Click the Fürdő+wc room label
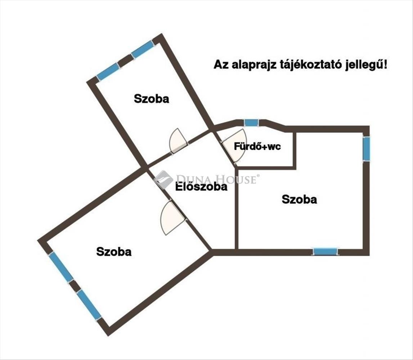(x=257, y=147)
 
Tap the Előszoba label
(x=201, y=187)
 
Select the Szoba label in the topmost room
(x=151, y=99)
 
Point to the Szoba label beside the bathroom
(x=299, y=199)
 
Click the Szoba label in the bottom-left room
(x=114, y=252)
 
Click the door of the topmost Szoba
(x=178, y=141)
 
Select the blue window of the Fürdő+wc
(x=251, y=122)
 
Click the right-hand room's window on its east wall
(x=366, y=148)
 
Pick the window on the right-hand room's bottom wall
(x=325, y=252)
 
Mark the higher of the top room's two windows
(x=142, y=50)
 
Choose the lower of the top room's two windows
(x=108, y=72)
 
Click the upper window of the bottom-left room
(x=61, y=266)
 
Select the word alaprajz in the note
(x=244, y=65)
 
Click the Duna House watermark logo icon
(x=163, y=179)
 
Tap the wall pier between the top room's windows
(x=125, y=61)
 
